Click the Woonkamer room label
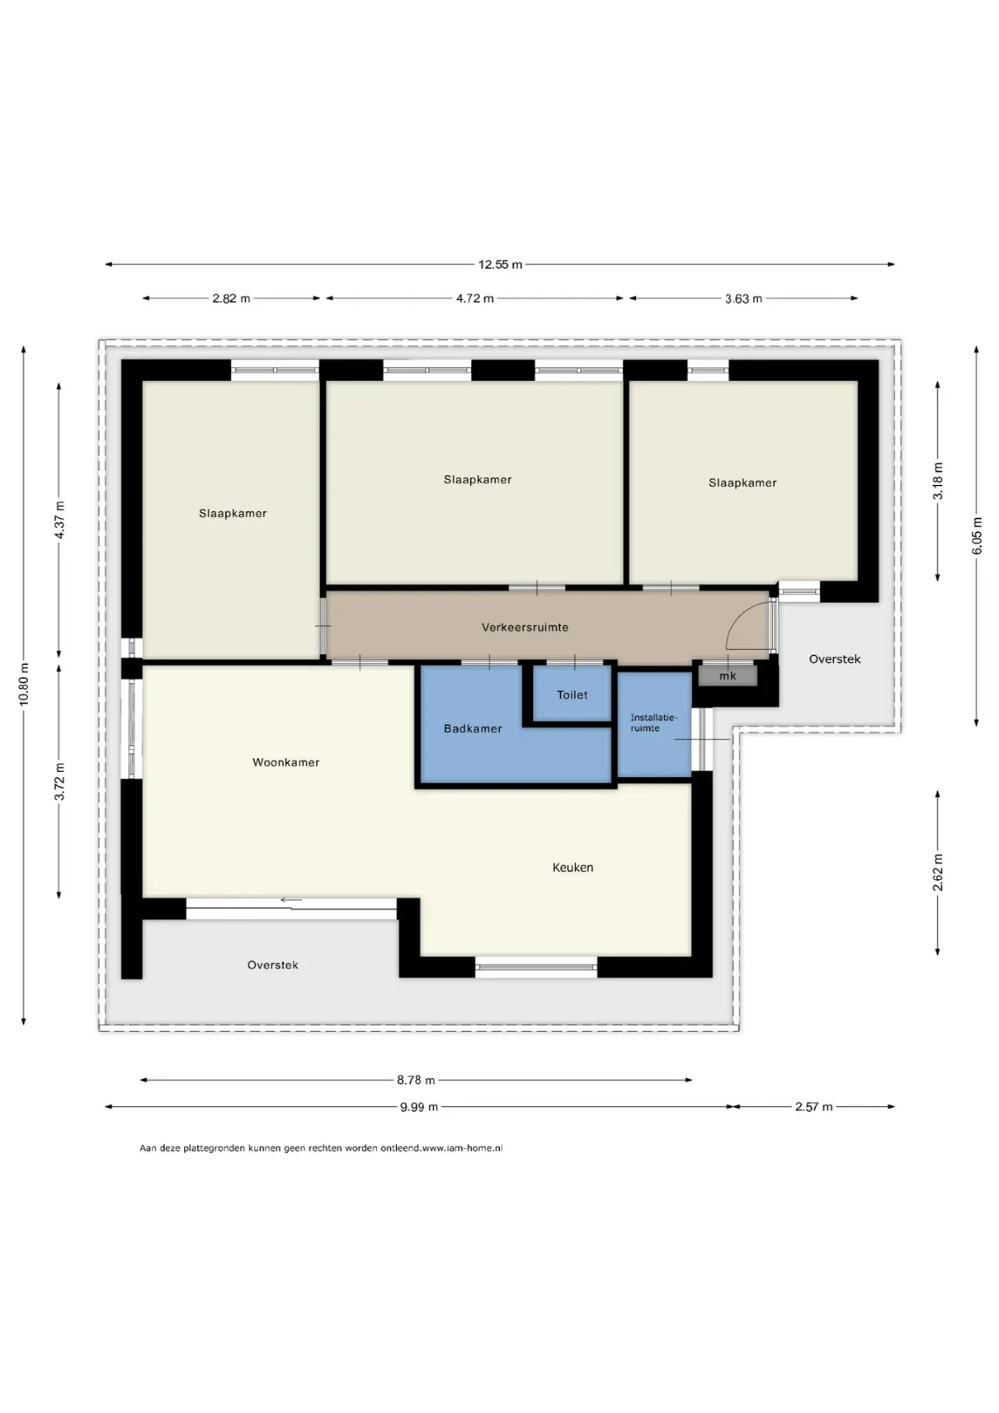click(286, 762)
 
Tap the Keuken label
click(572, 867)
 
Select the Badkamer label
click(473, 728)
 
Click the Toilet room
click(571, 694)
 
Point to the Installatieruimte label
click(653, 723)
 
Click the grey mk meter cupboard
click(727, 676)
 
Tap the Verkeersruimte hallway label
click(525, 627)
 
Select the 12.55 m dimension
click(500, 264)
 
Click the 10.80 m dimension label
click(24, 684)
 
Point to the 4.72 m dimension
click(475, 298)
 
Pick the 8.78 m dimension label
click(416, 1080)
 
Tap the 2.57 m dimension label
click(813, 1107)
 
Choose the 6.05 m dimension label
click(977, 536)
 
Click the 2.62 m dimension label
click(938, 873)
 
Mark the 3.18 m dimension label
click(938, 481)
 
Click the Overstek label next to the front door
click(835, 659)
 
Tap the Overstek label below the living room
click(272, 966)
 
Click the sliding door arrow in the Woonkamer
click(291, 900)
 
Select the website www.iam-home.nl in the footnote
click(462, 1148)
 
